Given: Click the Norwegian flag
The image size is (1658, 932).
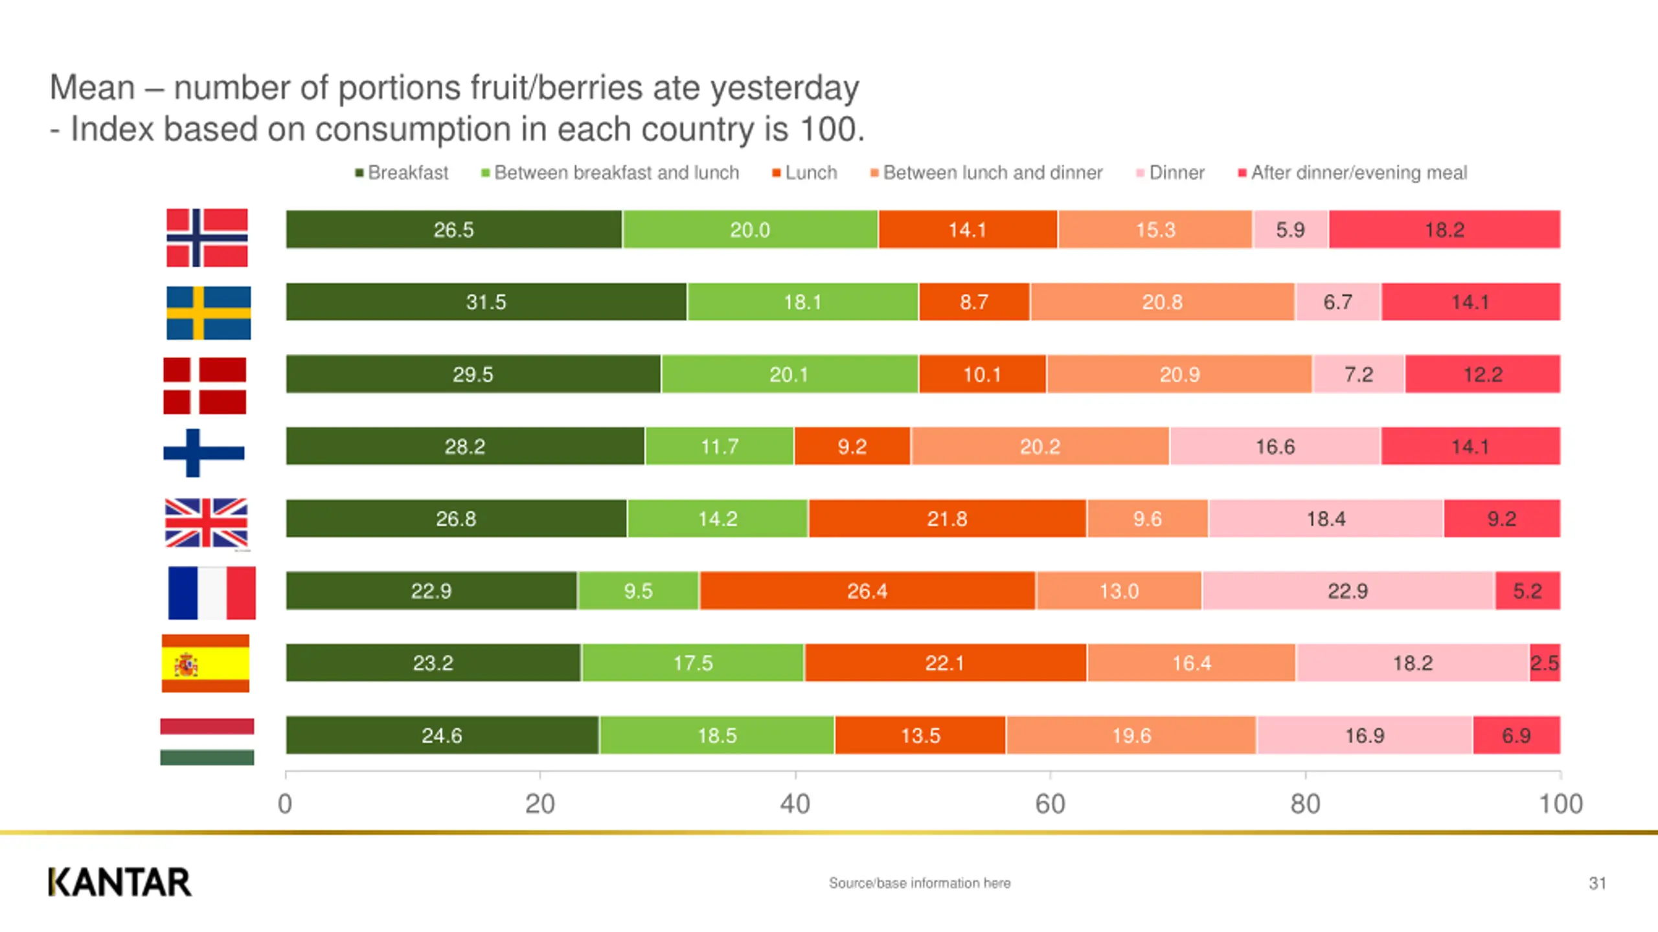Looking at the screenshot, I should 207,238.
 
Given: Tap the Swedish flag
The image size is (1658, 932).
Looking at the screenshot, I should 208,313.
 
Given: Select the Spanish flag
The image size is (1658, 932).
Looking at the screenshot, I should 205,663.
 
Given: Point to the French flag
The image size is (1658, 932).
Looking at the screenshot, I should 212,593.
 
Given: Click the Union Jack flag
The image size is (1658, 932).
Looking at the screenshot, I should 206,522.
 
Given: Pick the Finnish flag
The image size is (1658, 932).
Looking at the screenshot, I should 203,453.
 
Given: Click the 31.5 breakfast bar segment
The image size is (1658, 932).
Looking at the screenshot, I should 486,302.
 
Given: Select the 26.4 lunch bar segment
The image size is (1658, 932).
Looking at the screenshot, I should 867,590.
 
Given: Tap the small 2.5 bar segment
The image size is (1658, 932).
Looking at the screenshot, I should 1545,663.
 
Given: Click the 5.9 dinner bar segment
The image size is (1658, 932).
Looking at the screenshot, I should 1290,229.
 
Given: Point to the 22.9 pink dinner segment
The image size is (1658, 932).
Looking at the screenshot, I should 1348,590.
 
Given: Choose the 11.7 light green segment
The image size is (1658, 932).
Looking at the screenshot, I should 720,446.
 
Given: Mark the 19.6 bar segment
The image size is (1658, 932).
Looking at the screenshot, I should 1131,735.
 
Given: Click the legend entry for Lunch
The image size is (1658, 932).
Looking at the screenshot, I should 805,173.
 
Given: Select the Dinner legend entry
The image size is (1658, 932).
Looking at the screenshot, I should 1170,173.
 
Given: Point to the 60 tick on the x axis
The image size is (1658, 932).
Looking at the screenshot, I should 1050,804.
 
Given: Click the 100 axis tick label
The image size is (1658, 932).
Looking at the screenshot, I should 1560,804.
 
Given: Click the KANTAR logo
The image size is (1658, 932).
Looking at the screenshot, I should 120,882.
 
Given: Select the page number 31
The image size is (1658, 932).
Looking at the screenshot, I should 1597,883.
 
